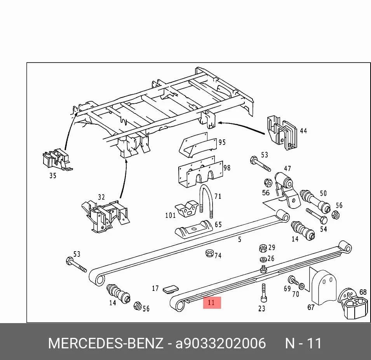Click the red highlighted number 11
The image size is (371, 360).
tap(212, 303)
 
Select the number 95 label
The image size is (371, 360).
tap(222, 143)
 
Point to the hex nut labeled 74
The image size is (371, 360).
tap(209, 253)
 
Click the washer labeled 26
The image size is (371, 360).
tap(263, 259)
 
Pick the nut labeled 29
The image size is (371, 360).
tap(263, 249)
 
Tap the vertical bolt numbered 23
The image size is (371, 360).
tap(264, 293)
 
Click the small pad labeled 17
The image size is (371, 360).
tap(171, 289)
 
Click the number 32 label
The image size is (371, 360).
tap(101, 197)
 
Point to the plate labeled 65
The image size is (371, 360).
tap(193, 228)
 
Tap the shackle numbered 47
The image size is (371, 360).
tap(286, 189)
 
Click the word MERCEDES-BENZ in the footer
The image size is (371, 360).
tap(106, 343)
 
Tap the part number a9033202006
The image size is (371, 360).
tap(221, 343)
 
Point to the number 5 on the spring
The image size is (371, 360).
tap(240, 239)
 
